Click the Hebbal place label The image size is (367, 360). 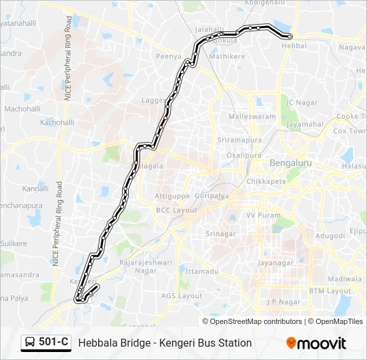tap(294, 45)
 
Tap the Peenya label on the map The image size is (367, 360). tap(168, 57)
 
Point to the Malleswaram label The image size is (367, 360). tap(252, 116)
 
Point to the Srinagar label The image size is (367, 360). tap(221, 234)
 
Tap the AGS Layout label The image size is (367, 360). tap(181, 295)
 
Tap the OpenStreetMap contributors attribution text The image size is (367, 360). tap(256, 321)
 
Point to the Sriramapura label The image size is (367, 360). tap(238, 140)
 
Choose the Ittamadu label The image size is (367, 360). tap(202, 271)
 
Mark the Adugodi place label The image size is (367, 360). tap(330, 235)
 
